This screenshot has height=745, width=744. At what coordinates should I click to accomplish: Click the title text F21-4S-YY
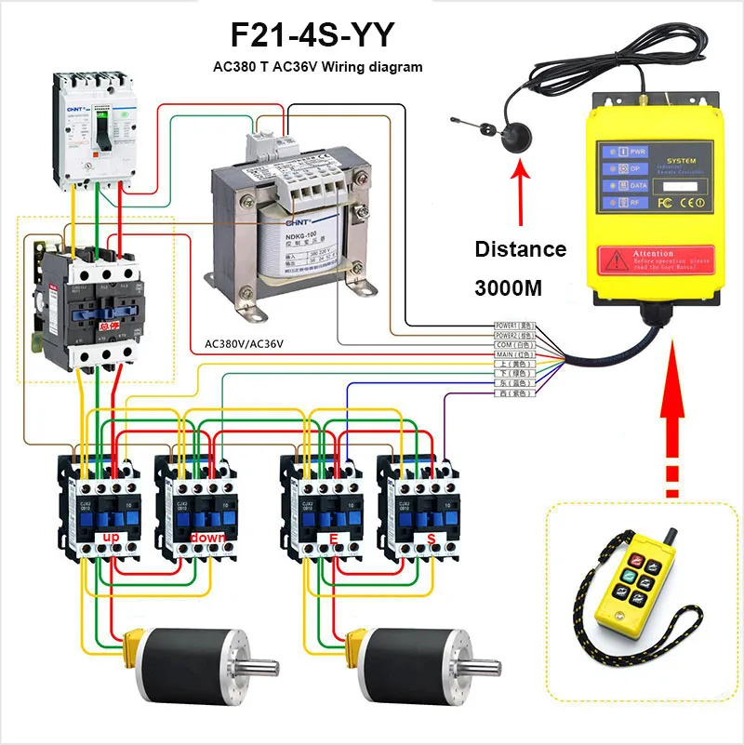pos(312,36)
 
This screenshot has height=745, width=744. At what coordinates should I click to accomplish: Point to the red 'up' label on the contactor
pos(111,539)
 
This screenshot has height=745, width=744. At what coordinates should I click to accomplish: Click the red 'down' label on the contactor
pos(206,539)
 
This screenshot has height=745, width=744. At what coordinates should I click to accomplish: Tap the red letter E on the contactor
pos(332,539)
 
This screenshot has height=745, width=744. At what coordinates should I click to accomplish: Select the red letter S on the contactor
pos(430,539)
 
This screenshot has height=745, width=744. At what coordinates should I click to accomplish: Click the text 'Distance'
pos(520,249)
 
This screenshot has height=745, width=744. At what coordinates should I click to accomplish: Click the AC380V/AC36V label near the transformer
pos(244,343)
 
